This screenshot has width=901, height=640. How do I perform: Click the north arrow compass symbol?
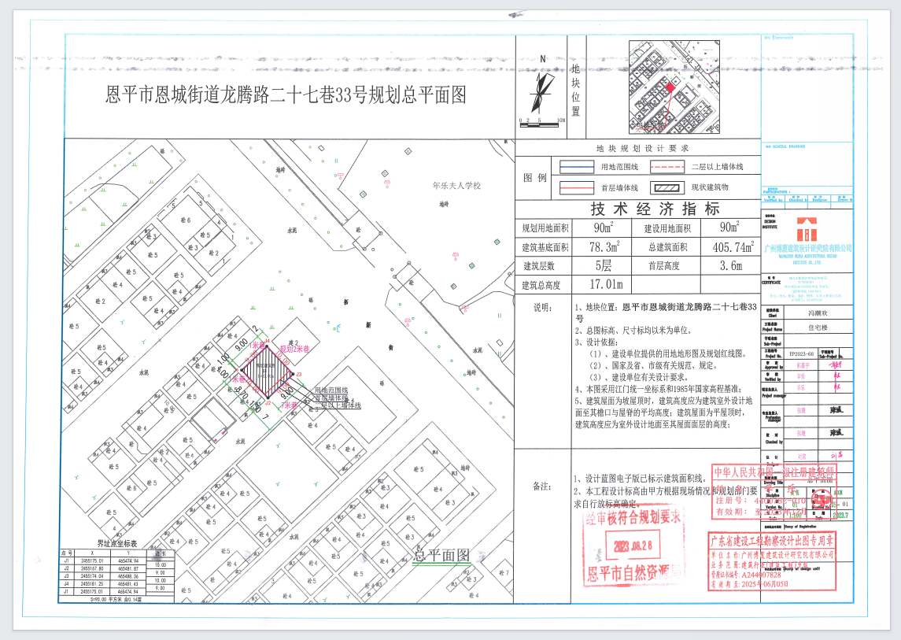(539, 91)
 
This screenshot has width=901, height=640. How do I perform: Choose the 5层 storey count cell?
(604, 266)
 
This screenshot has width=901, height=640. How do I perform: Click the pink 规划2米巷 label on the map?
(295, 348)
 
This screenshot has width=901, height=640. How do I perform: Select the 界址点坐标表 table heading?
(116, 543)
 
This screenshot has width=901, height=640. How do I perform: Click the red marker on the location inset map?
(671, 88)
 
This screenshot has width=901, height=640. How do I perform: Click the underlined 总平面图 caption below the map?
(442, 554)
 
